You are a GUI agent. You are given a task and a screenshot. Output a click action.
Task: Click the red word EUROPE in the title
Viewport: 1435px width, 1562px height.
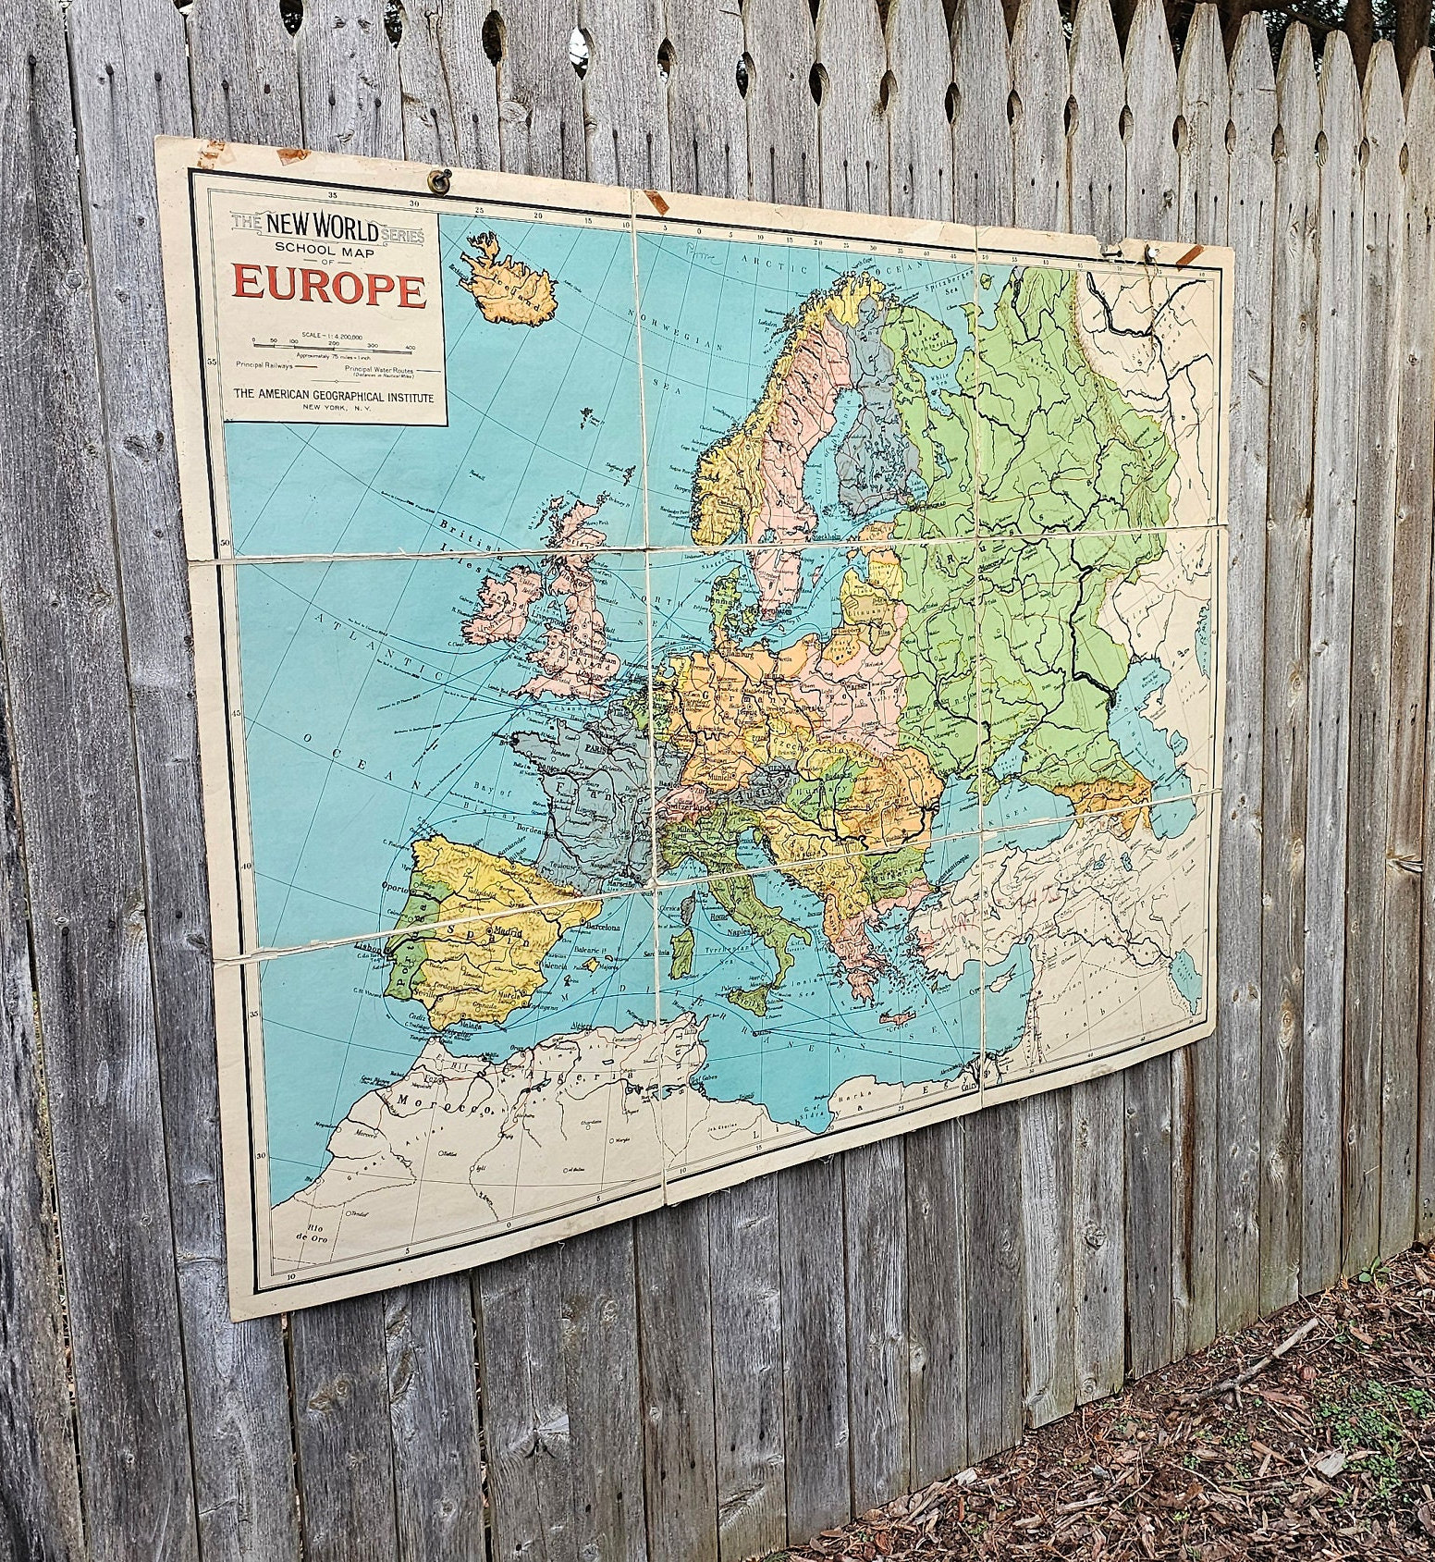click(329, 286)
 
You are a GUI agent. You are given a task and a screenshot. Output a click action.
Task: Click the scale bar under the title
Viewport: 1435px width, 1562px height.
click(331, 348)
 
